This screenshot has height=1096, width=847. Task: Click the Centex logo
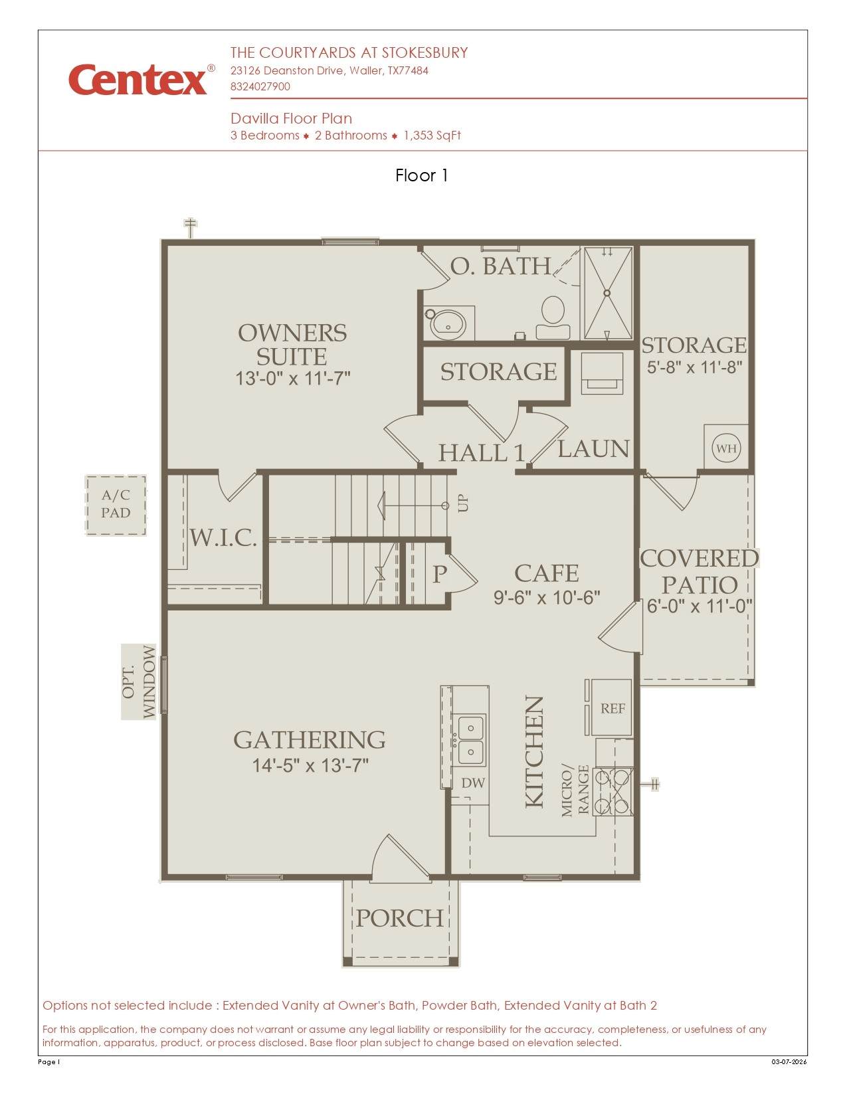tap(141, 79)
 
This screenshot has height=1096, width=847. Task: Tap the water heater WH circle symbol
tap(726, 448)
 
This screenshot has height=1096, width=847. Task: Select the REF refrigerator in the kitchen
tap(612, 707)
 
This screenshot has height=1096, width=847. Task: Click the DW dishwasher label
tap(473, 782)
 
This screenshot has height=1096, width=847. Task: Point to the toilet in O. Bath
tap(553, 318)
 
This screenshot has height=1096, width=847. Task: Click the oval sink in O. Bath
tap(448, 325)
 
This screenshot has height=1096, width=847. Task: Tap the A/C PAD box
tap(116, 504)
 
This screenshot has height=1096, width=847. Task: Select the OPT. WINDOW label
tap(139, 682)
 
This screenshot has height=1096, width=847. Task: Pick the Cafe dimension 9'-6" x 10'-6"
tap(547, 598)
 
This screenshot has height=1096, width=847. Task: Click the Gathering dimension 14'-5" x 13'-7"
tap(310, 766)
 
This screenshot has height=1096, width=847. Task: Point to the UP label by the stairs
tap(462, 503)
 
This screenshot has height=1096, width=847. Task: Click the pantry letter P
tap(439, 574)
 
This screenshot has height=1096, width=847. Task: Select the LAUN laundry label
tap(593, 448)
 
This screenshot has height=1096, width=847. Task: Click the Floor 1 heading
tap(422, 175)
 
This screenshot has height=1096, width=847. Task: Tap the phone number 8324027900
tap(260, 86)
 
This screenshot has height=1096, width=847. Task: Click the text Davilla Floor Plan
tap(291, 118)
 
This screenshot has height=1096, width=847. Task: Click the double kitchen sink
tap(470, 740)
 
